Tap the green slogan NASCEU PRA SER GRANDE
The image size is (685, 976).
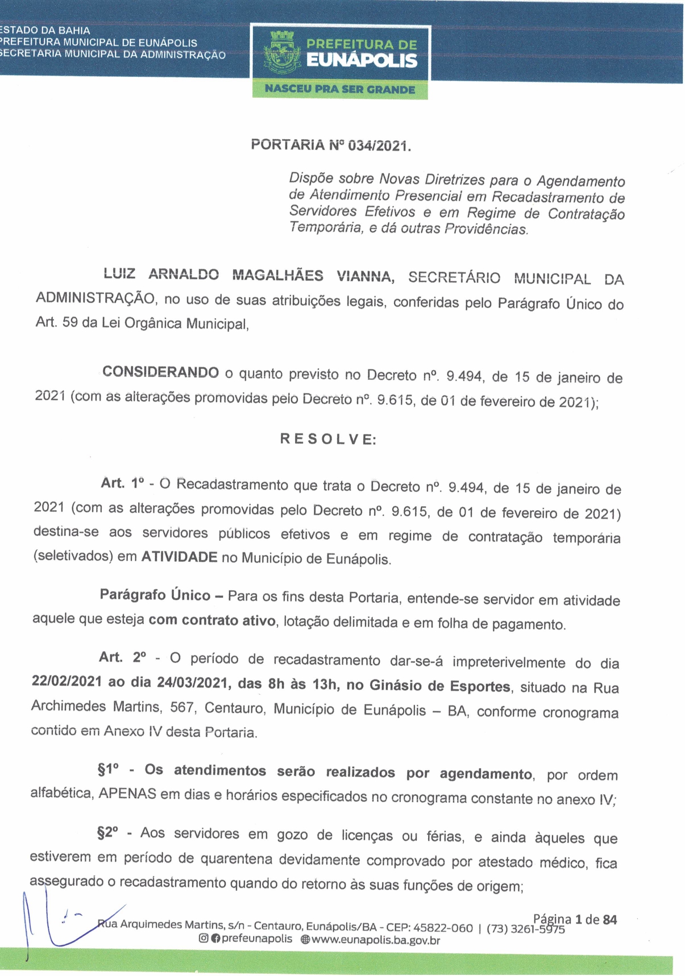pos(340,89)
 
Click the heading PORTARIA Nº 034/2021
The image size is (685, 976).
pos(331,145)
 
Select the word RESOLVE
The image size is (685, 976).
pos(328,439)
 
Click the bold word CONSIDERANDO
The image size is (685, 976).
pos(160,373)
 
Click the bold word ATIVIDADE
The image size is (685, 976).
pos(179,557)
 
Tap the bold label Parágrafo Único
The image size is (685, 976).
pos(155,595)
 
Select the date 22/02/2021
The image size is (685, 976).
pos(67,681)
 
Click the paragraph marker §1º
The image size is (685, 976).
pos(108,770)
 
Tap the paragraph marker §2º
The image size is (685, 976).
pos(108,833)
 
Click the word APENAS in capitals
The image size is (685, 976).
pos(127,794)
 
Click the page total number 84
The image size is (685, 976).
pos(610,919)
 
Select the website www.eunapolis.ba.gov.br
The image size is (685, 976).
pos(376,940)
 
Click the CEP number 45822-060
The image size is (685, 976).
pos(443,928)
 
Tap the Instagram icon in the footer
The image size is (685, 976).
pos(203,939)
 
